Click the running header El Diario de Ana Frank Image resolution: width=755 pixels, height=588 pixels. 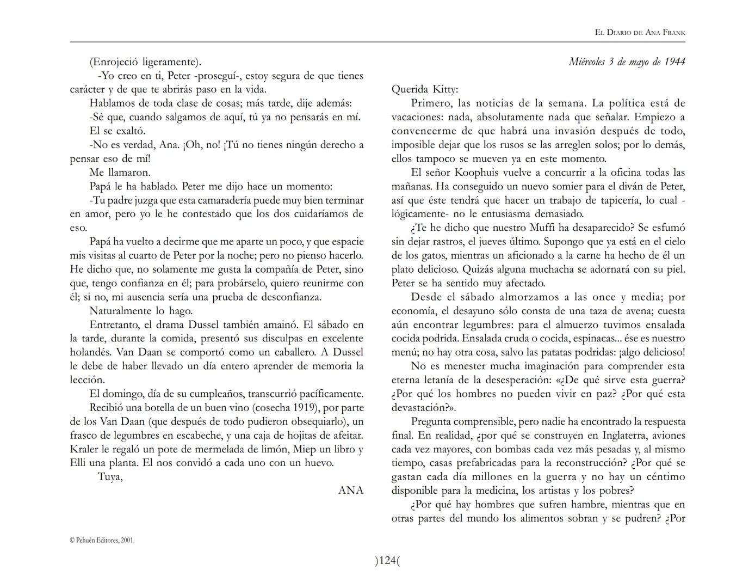click(x=640, y=33)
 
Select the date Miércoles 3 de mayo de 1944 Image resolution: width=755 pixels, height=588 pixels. click(x=627, y=62)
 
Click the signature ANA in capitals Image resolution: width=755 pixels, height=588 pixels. click(x=351, y=490)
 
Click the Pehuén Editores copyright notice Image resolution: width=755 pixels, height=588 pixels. click(x=102, y=541)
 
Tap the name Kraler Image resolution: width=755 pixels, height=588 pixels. click(x=84, y=449)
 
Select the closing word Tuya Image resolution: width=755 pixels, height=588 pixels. click(x=110, y=477)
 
